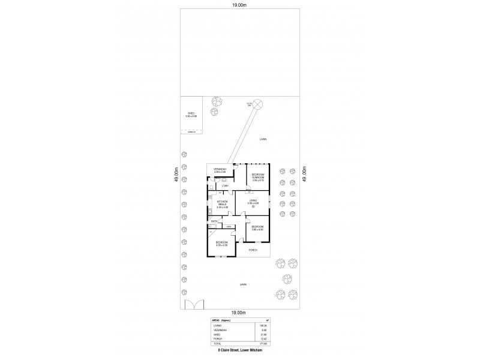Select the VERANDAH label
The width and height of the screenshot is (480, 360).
(x=219, y=170)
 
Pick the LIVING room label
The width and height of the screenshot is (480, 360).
(x=253, y=201)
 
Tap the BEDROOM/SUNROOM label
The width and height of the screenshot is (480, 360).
(x=258, y=176)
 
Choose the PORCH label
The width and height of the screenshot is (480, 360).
(x=253, y=250)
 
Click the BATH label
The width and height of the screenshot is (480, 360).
(x=214, y=221)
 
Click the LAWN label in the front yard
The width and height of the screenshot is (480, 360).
(x=243, y=284)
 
